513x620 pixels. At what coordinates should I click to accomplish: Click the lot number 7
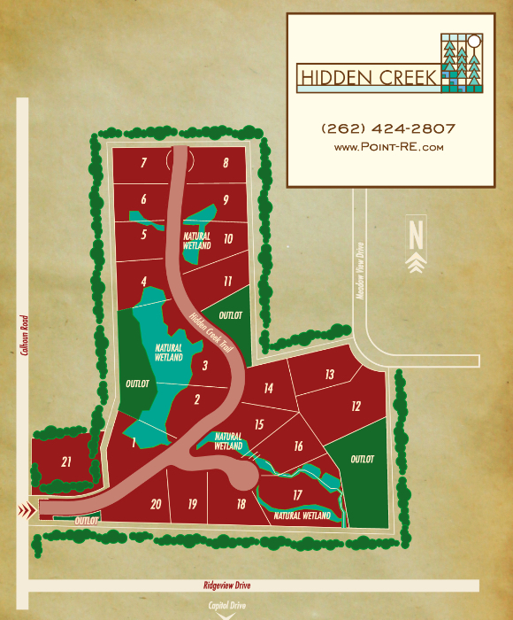142,163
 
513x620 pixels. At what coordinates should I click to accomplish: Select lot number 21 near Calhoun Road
66,461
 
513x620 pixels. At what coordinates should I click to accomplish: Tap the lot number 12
356,407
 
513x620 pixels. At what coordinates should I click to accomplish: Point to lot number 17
298,494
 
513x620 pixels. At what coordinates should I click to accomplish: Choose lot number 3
205,365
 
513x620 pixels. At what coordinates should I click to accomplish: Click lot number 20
156,504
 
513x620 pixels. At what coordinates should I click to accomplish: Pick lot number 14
268,388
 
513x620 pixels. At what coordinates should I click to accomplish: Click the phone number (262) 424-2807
388,128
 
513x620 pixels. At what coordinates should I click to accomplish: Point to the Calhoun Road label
22,335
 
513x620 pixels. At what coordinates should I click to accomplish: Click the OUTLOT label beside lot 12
363,460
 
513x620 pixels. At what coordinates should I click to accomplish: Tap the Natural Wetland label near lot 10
197,241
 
